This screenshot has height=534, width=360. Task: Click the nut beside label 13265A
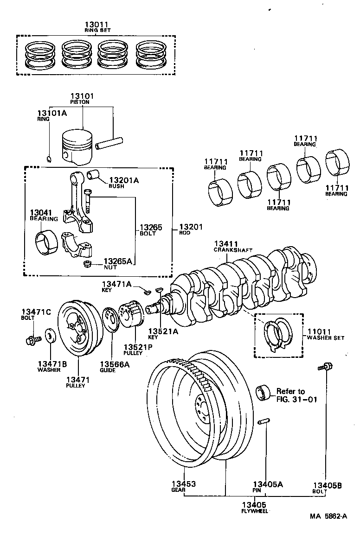point(86,264)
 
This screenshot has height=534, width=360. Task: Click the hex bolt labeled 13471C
point(31,341)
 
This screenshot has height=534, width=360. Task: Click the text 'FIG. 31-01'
point(297,399)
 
